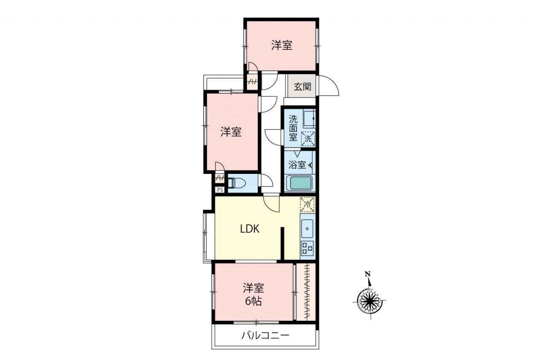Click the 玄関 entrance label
[302, 87]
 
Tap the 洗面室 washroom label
[293, 128]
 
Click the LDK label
[250, 229]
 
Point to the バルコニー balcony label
[265, 336]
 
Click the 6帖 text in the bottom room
[254, 301]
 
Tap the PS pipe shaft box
[220, 190]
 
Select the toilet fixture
[237, 183]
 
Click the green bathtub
[300, 183]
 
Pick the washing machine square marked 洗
[308, 139]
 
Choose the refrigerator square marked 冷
[308, 205]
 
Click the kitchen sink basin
[307, 228]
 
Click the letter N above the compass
[367, 273]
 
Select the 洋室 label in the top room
[282, 45]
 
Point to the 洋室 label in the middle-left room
[231, 132]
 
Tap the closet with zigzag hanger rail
[306, 292]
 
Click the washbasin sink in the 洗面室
[309, 119]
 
